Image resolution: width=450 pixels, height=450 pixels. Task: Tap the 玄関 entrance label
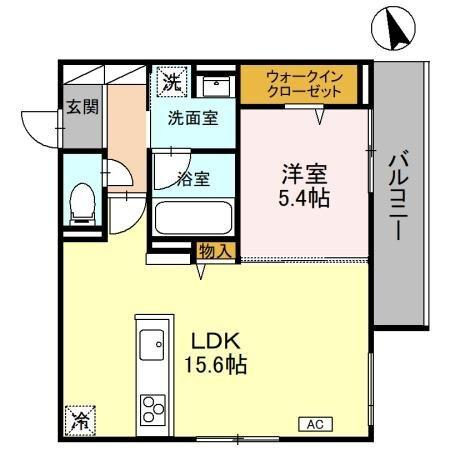(x=82, y=107)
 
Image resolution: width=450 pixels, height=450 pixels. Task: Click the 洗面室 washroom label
(x=194, y=116)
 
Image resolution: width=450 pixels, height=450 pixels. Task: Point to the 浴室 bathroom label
(x=194, y=179)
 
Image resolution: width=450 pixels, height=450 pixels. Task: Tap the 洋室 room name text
(x=304, y=171)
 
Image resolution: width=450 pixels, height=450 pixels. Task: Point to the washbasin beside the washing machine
(x=211, y=84)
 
